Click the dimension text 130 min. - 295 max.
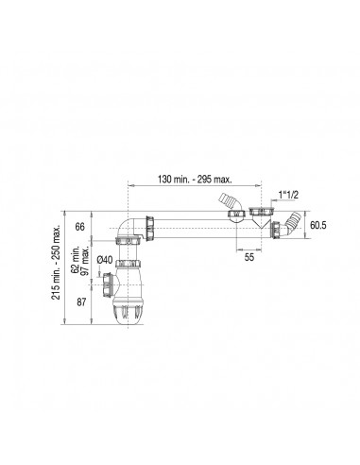195,180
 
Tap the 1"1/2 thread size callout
288,195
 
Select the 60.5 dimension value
318,225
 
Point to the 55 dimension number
249,257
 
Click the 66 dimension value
80,227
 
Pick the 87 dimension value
81,302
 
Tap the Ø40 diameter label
105,260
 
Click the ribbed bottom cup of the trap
128,313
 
